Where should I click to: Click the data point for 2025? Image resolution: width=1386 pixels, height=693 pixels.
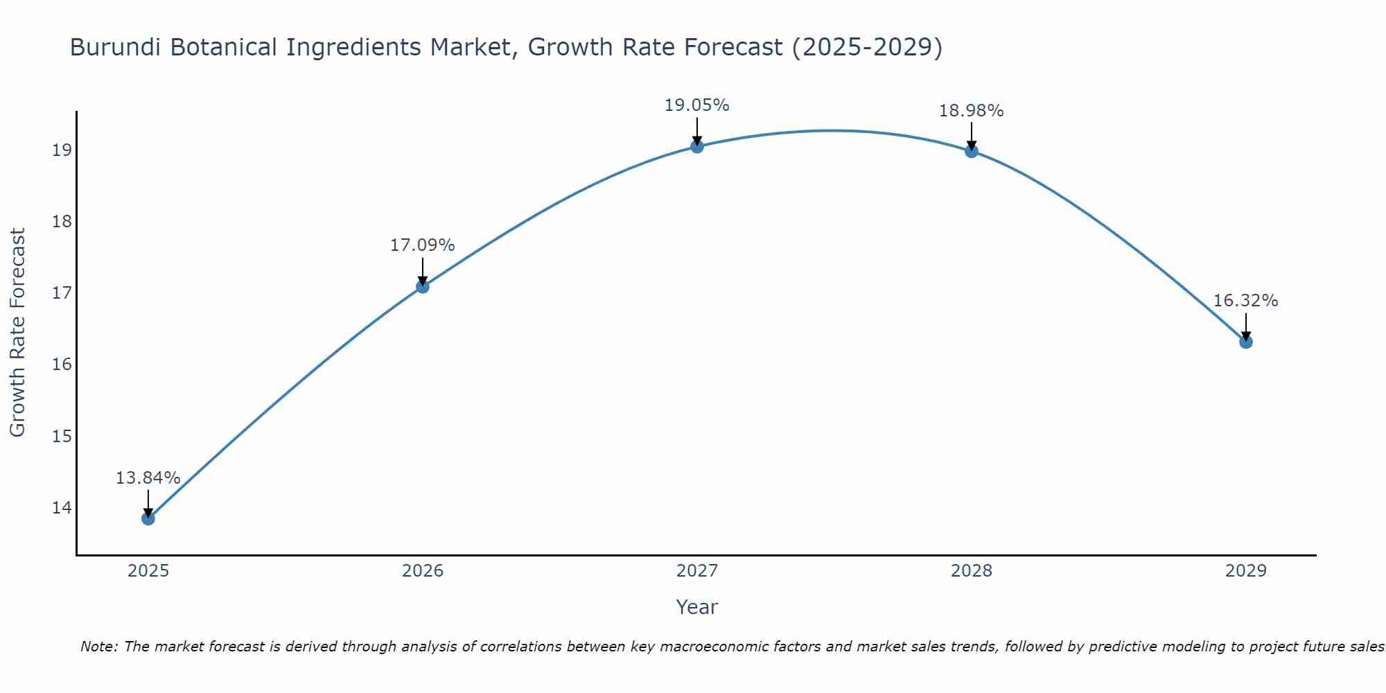coord(148,518)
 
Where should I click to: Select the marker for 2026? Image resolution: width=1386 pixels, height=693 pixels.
coord(423,286)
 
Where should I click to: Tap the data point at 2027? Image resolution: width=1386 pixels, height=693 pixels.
coord(697,146)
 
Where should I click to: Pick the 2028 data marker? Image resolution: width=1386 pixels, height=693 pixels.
coord(972,151)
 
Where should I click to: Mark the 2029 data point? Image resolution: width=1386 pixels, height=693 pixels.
coord(1246,342)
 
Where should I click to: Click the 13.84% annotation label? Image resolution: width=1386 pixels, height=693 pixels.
coord(148,478)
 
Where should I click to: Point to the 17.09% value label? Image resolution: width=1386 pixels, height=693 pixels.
coord(422,245)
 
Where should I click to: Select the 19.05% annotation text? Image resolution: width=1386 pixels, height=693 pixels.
coord(696,105)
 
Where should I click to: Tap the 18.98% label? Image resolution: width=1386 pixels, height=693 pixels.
coord(971,111)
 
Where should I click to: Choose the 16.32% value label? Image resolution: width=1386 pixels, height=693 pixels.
coord(1245,301)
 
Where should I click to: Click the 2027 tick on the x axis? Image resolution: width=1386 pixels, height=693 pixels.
coord(697,571)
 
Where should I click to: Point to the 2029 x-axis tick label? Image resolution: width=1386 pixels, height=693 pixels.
coord(1246,571)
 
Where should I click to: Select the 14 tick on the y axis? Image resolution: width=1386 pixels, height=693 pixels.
coord(62,508)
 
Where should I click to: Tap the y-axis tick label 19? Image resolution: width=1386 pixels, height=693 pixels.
coord(62,150)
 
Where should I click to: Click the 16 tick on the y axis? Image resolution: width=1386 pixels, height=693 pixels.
coord(62,365)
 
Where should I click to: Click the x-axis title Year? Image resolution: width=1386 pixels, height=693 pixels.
coord(696,607)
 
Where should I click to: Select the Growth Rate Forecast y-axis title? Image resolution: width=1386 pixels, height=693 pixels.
coord(17,333)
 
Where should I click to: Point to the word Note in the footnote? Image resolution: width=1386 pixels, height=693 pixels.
coord(99,647)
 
